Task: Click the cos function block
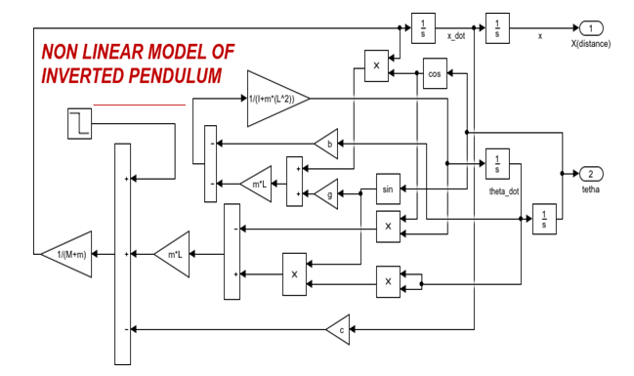(x=435, y=73)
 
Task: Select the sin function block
(x=388, y=188)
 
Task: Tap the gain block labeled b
(x=327, y=144)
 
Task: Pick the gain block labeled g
(x=327, y=194)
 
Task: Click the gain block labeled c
(x=339, y=329)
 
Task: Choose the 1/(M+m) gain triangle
(x=66, y=254)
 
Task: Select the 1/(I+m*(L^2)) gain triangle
(x=278, y=99)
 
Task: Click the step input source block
(x=80, y=124)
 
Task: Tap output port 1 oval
(x=591, y=28)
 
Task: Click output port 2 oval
(x=591, y=174)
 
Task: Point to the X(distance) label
(x=591, y=44)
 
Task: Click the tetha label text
(x=591, y=189)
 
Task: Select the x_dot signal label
(x=456, y=36)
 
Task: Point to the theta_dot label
(x=504, y=191)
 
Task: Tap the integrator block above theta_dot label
(x=497, y=164)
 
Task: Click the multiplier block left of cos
(x=376, y=65)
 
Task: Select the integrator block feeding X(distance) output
(x=497, y=28)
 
